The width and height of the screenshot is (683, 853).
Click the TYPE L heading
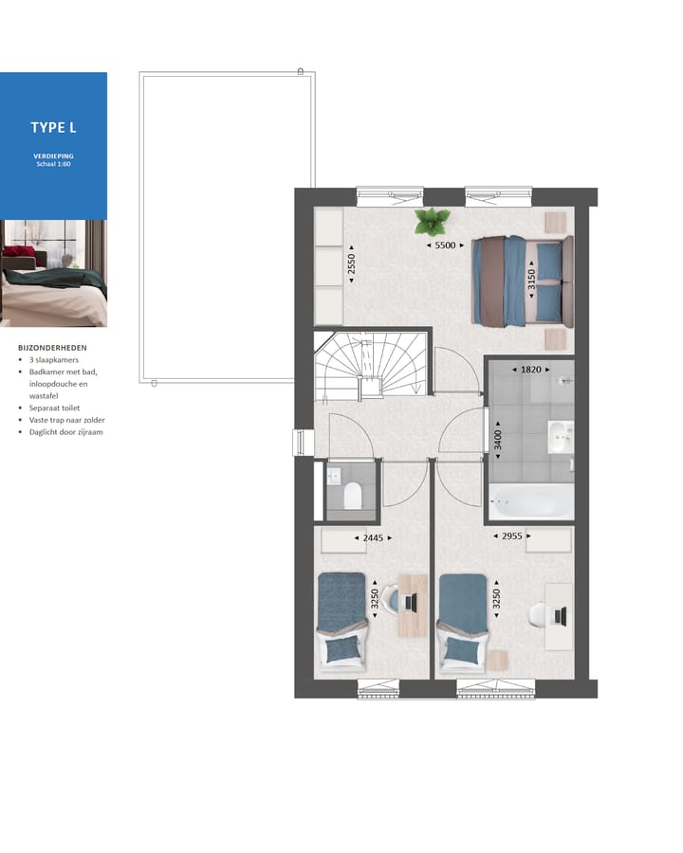[53, 127]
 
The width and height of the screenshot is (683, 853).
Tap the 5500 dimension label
[444, 245]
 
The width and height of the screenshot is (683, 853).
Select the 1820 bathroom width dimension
[530, 370]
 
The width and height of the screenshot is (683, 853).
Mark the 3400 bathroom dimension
[497, 440]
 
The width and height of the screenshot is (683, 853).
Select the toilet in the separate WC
[353, 496]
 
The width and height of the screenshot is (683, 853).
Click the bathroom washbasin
[561, 437]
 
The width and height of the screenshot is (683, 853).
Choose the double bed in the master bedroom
[523, 281]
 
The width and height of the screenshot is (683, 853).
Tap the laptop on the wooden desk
[412, 601]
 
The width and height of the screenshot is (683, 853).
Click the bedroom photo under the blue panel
[53, 273]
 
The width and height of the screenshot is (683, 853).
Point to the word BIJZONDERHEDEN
[52, 348]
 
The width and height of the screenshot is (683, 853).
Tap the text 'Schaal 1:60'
[53, 164]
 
